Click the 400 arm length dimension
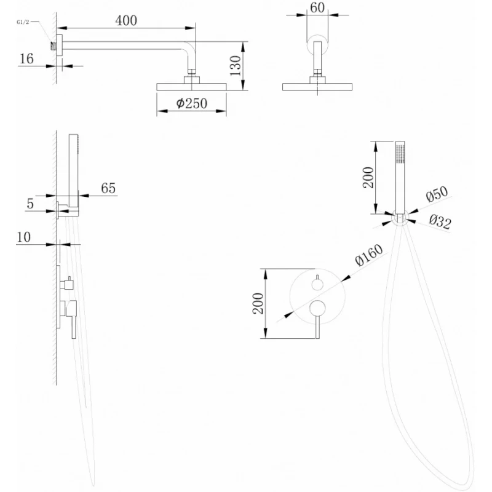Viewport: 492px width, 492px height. point(125,20)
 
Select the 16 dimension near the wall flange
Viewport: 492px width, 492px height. point(26,58)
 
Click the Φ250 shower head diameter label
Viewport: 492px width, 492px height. point(191,105)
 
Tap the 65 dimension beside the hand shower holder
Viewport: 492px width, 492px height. point(108,188)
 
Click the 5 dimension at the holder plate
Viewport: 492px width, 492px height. point(30,203)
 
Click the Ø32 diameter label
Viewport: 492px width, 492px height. point(440,222)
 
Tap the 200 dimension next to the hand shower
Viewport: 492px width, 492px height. point(367,177)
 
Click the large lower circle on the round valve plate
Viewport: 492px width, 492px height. point(317,309)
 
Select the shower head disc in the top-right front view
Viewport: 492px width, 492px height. point(318,87)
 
